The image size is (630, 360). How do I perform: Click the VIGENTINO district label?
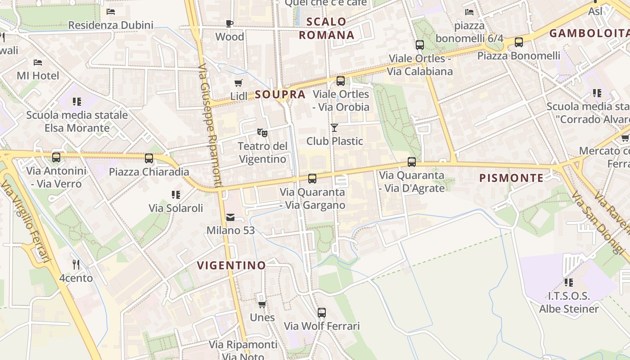click(x=231, y=265)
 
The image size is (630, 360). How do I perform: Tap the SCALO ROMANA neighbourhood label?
click(x=327, y=28)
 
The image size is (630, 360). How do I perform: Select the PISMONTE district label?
click(x=511, y=178)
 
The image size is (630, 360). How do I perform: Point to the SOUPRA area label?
click(x=280, y=94)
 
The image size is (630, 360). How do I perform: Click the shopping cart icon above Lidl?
click(x=238, y=83)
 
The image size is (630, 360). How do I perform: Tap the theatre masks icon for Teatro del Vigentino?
click(x=262, y=133)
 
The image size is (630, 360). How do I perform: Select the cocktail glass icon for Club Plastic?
click(x=334, y=128)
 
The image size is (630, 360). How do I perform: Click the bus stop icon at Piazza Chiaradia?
click(x=149, y=158)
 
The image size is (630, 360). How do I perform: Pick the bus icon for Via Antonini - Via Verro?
click(x=56, y=157)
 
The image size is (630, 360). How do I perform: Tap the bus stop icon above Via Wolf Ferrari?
click(x=321, y=312)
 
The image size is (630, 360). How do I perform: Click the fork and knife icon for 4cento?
click(x=76, y=265)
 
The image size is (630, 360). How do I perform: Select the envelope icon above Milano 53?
click(x=230, y=217)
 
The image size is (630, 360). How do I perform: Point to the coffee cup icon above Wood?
click(x=229, y=23)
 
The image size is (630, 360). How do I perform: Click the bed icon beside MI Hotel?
click(x=38, y=62)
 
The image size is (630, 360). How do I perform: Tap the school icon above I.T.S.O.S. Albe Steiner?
click(x=569, y=283)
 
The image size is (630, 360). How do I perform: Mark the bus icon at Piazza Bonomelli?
click(x=518, y=42)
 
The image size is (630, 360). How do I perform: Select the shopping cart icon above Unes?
click(x=262, y=304)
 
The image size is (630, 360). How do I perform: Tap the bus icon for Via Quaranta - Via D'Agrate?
click(x=412, y=162)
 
